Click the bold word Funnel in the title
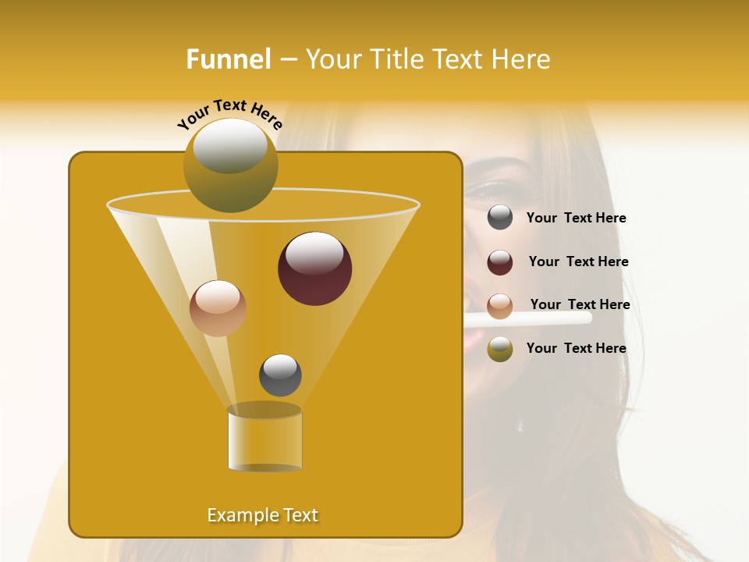pos(228,59)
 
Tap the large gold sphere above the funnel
pos(230,165)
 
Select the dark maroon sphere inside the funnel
pos(314,269)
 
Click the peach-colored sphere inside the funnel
pos(218,308)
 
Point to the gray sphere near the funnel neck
pos(280,375)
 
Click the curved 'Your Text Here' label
pos(229,114)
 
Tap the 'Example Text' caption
pos(262,515)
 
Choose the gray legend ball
pos(500,218)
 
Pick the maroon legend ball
pos(500,262)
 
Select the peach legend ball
pos(500,306)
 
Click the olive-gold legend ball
pos(500,349)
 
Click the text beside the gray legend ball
pos(576,219)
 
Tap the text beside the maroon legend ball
pos(578,261)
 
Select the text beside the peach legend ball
pos(580,304)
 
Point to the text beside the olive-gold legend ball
pos(576,348)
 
